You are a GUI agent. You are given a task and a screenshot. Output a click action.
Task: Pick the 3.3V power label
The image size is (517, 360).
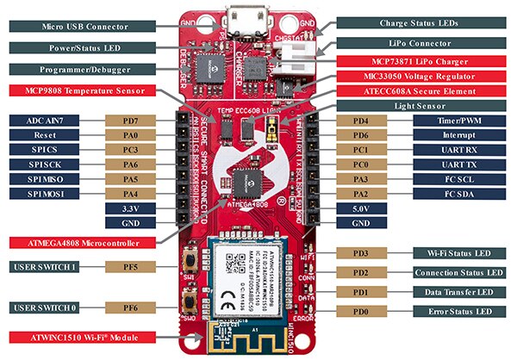pyautogui.click(x=130, y=208)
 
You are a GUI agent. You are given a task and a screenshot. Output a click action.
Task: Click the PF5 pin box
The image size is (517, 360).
pyautogui.click(x=130, y=267)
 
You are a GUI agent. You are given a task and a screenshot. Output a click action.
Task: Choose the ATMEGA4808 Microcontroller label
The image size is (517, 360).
pyautogui.click(x=85, y=241)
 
